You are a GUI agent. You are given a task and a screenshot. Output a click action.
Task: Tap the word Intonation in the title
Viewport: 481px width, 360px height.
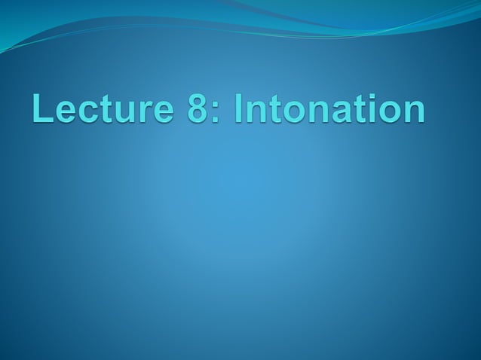(x=329, y=110)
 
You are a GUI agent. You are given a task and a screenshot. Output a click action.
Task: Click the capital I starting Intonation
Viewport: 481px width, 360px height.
(x=239, y=110)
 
